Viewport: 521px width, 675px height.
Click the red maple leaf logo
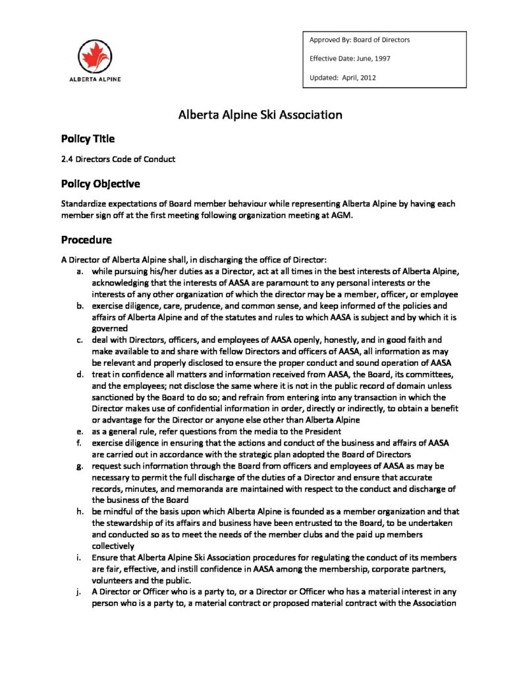tap(95, 56)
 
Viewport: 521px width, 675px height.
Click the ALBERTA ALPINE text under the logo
tap(95, 78)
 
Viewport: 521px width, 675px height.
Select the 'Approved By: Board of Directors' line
tap(359, 40)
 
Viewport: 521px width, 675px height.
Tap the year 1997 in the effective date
tap(381, 59)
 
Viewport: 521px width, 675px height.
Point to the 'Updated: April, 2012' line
tap(343, 78)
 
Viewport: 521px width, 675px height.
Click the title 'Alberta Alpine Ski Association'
tap(260, 115)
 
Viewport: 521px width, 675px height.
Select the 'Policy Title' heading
tap(88, 139)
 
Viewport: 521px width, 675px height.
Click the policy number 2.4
tap(67, 159)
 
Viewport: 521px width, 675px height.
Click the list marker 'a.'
tap(79, 271)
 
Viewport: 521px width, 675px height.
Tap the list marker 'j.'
tap(79, 591)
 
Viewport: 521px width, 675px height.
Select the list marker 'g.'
tap(79, 466)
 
